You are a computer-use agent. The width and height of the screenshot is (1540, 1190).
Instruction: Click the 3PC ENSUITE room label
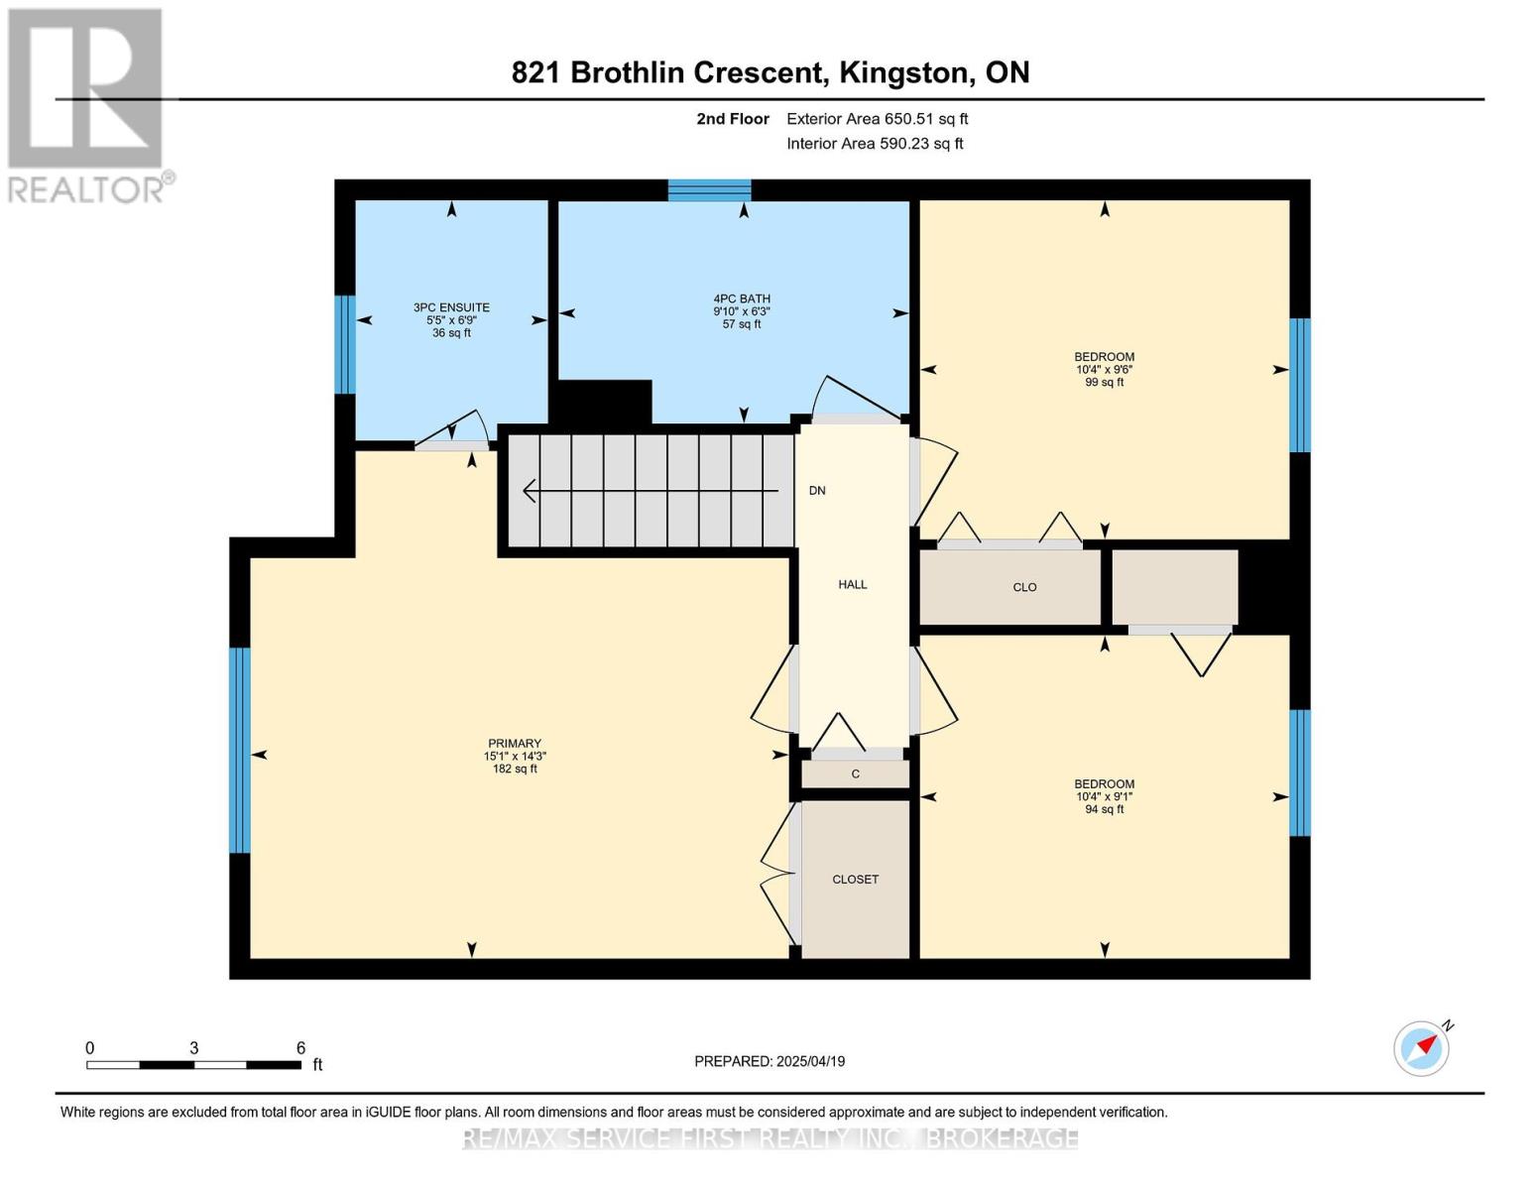click(451, 307)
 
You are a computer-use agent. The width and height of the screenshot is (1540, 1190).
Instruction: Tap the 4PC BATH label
click(742, 299)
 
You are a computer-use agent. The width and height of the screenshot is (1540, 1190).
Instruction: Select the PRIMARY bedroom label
click(515, 744)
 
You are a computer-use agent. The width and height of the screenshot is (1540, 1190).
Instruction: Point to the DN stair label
click(817, 491)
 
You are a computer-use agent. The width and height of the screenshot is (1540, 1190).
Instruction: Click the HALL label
click(853, 585)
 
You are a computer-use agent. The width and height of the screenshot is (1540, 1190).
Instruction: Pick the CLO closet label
click(1024, 587)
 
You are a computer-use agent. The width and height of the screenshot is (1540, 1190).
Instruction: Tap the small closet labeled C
click(856, 773)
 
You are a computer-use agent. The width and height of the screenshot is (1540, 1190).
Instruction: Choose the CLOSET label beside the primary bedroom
click(856, 880)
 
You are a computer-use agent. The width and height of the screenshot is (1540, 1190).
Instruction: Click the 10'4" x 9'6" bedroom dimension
click(1104, 370)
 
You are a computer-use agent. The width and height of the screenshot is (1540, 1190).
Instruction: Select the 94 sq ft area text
click(1104, 809)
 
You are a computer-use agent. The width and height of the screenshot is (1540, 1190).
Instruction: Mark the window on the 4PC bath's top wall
click(709, 190)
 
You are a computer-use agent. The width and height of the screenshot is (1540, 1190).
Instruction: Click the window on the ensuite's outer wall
click(345, 344)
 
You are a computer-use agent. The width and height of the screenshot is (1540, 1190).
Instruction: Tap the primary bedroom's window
click(240, 751)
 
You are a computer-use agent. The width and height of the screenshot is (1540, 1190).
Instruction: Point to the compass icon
click(1422, 1049)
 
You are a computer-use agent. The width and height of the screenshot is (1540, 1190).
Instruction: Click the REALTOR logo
click(86, 106)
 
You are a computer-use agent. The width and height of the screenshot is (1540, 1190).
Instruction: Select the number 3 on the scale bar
click(193, 1048)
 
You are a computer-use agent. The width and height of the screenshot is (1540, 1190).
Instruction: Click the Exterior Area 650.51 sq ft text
click(877, 119)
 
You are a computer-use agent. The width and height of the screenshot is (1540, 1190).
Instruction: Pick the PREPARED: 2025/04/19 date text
click(770, 1062)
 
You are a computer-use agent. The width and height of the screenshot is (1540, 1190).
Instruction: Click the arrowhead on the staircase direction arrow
click(530, 491)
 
